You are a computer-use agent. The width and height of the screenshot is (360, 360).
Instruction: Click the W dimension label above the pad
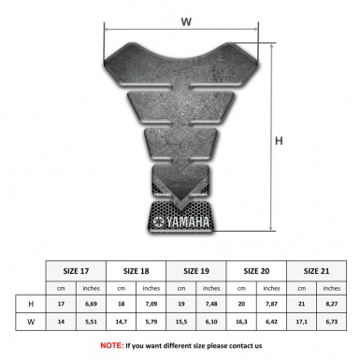pyautogui.click(x=186, y=19)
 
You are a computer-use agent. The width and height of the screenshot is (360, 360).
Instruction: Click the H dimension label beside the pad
pyautogui.click(x=279, y=141)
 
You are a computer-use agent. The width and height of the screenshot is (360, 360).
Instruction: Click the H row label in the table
pyautogui.click(x=32, y=305)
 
